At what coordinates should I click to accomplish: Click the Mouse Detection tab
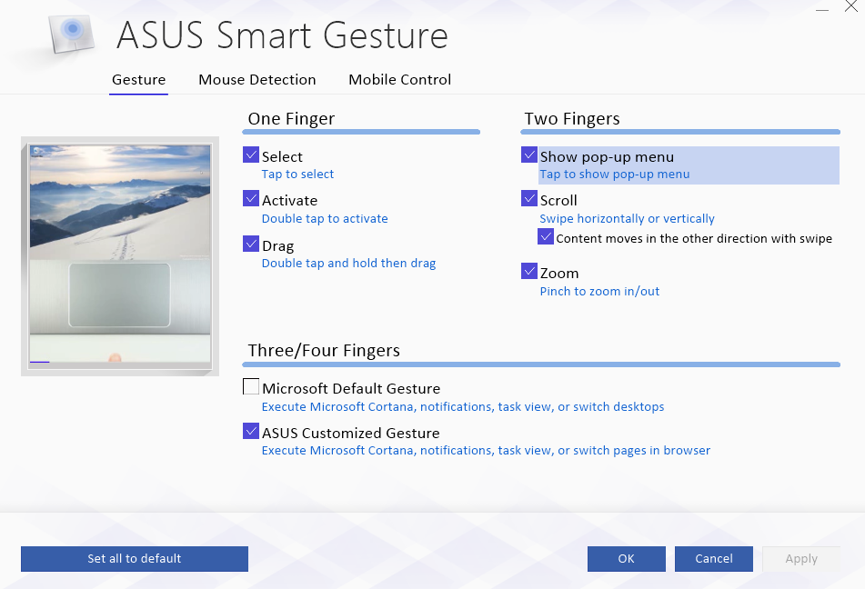point(257,79)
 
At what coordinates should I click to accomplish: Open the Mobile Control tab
point(400,79)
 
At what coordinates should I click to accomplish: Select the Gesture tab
point(138,79)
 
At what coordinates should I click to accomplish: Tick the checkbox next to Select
point(251,155)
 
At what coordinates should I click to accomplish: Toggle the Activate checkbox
point(251,198)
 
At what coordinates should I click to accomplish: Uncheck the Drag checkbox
point(251,244)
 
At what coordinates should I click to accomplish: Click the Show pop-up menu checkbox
point(529,155)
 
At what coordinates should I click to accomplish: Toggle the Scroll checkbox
point(529,198)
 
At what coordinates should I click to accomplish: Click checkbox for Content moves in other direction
point(546,236)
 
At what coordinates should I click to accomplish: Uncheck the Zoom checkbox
point(529,272)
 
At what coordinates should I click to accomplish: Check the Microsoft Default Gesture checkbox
point(251,386)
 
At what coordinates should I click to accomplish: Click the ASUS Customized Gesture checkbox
point(251,431)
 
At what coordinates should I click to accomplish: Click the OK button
point(626,559)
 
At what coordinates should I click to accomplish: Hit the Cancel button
point(714,559)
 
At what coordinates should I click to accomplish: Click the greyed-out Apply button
point(801,559)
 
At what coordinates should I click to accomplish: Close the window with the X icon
point(851,6)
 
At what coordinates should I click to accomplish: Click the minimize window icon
point(822,10)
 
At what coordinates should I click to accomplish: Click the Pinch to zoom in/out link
point(599,291)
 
